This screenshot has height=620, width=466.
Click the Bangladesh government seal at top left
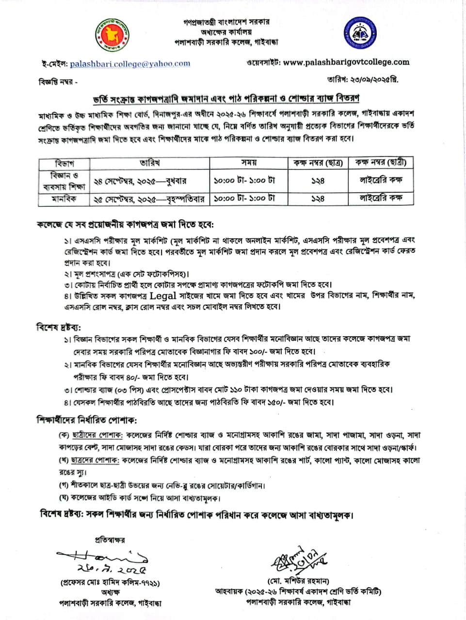click(x=111, y=36)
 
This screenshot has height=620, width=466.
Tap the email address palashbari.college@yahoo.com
click(x=130, y=63)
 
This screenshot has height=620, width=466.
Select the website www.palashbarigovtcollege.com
click(x=346, y=62)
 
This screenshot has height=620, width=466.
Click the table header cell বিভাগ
click(x=64, y=163)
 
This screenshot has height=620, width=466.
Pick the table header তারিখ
click(x=150, y=163)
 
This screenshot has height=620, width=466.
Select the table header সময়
click(x=248, y=163)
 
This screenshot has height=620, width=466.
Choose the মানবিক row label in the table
click(x=64, y=199)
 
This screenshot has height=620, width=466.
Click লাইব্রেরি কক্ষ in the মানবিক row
click(x=381, y=198)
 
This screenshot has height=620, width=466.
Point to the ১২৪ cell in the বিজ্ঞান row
click(x=318, y=181)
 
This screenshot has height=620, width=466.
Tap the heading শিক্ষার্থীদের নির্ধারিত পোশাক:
click(x=87, y=419)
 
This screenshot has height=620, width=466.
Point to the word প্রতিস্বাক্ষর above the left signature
click(x=110, y=540)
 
